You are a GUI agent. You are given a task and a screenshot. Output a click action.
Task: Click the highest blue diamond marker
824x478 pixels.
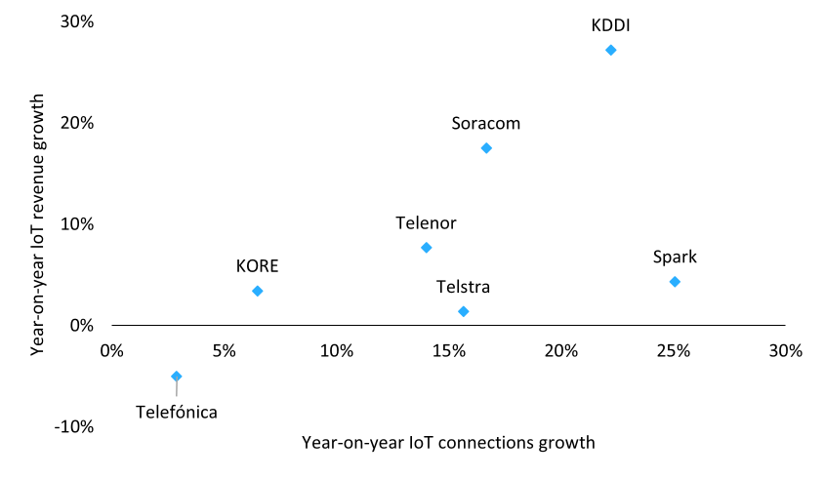click(611, 50)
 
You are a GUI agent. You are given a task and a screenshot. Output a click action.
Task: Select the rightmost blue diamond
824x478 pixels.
click(675, 282)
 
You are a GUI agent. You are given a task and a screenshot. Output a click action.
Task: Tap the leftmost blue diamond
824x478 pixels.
click(177, 376)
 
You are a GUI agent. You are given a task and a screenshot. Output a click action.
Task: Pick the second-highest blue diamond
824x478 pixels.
click(486, 148)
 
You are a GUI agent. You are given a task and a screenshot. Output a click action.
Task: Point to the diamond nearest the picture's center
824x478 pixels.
click(427, 247)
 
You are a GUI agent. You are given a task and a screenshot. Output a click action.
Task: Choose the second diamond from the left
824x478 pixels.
click(258, 291)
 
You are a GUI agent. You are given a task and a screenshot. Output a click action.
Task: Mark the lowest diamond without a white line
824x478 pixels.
click(464, 311)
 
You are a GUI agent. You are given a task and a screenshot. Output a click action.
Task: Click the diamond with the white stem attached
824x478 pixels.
click(177, 376)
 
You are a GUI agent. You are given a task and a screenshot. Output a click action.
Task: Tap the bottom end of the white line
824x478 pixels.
click(177, 396)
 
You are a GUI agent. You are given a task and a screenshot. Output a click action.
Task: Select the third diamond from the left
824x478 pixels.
click(427, 247)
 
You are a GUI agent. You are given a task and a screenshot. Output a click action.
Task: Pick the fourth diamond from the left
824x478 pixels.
click(464, 311)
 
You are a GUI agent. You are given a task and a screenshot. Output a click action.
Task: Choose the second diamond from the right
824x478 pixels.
click(611, 50)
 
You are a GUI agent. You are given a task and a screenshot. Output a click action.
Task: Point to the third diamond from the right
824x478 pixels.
click(486, 148)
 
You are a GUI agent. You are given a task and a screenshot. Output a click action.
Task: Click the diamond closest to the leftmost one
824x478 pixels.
click(258, 291)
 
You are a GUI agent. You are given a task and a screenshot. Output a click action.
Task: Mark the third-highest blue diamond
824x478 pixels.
click(427, 247)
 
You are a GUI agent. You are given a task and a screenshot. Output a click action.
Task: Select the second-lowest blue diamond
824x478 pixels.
click(464, 311)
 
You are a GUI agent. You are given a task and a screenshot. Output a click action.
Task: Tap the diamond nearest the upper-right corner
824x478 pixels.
click(611, 50)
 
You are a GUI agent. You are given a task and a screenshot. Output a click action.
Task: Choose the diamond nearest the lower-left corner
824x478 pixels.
click(177, 376)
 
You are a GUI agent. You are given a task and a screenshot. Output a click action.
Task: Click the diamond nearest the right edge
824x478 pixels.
click(675, 282)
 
